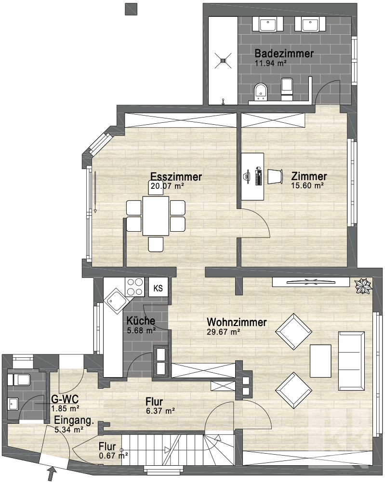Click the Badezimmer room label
pyautogui.click(x=284, y=53)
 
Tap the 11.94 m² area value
pyautogui.click(x=270, y=64)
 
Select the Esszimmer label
pyautogui.click(x=176, y=177)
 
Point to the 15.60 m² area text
pyautogui.click(x=307, y=185)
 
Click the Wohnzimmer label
pyautogui.click(x=237, y=322)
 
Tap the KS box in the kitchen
pyautogui.click(x=158, y=288)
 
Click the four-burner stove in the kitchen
pyautogui.click(x=134, y=287)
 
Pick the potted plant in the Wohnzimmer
pyautogui.click(x=363, y=286)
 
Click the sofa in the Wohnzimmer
pyautogui.click(x=352, y=361)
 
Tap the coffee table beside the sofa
pyautogui.click(x=320, y=361)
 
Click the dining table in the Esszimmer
pyautogui.click(x=156, y=216)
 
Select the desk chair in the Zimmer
pyautogui.click(x=275, y=177)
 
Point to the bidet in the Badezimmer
pyautogui.click(x=261, y=92)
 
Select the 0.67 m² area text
pyautogui.click(x=114, y=456)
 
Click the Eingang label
pyautogui.click(x=74, y=420)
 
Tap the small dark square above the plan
pyautogui.click(x=131, y=9)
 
